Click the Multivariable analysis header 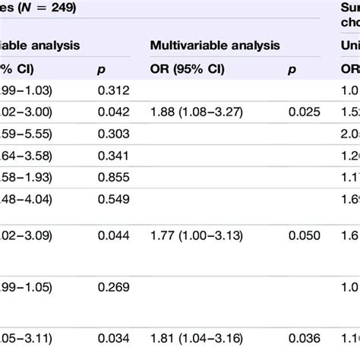tap(215, 46)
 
